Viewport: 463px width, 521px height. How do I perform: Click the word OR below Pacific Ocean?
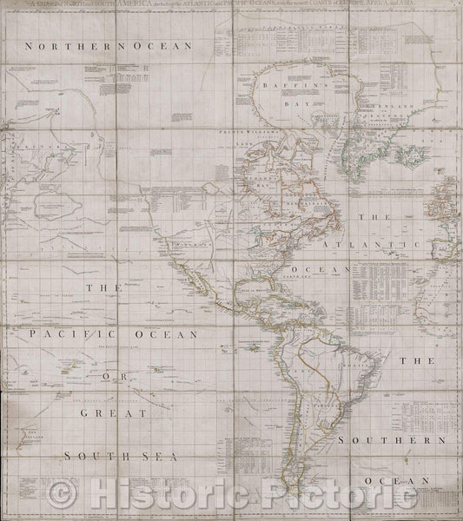coord(129,379)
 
